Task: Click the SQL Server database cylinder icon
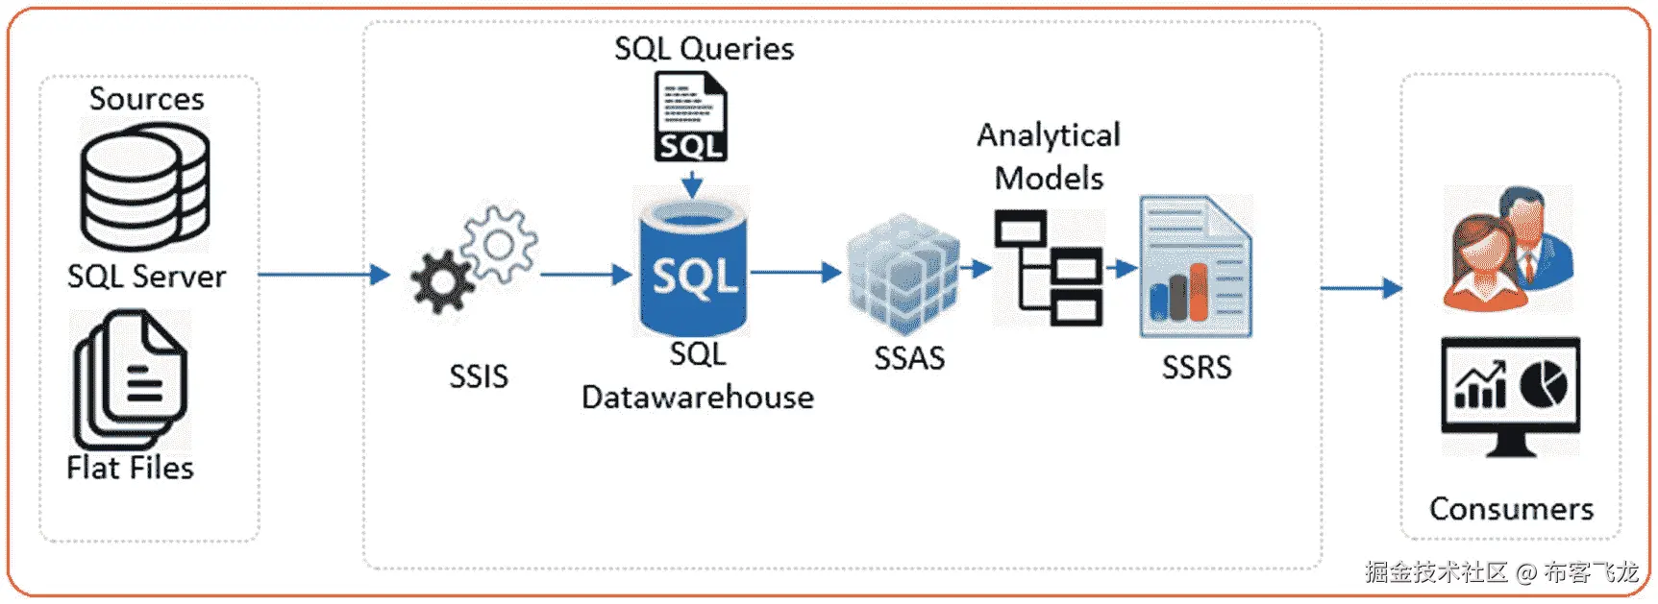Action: click(x=144, y=189)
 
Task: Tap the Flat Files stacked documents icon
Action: click(x=131, y=377)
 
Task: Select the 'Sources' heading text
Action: click(x=147, y=99)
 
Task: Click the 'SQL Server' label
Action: click(x=146, y=277)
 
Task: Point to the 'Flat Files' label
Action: click(x=130, y=468)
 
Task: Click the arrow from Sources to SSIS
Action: click(x=323, y=275)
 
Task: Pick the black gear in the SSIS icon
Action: click(x=441, y=281)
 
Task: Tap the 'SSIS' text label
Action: click(x=479, y=376)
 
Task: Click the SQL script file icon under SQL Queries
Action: click(x=691, y=117)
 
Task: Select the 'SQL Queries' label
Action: click(x=705, y=49)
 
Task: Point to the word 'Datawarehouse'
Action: click(x=698, y=398)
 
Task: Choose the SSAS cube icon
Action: click(x=903, y=274)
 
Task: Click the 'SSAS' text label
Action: click(x=909, y=358)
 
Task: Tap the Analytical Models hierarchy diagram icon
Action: click(x=1049, y=268)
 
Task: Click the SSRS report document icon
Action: click(x=1196, y=266)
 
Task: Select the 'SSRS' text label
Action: click(x=1197, y=367)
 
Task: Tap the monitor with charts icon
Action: click(x=1510, y=394)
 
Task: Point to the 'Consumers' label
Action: click(x=1511, y=508)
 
